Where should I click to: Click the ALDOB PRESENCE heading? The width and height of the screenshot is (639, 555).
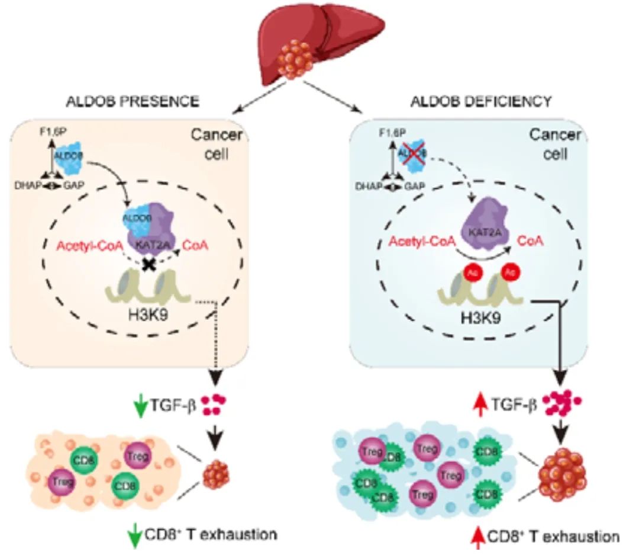140,102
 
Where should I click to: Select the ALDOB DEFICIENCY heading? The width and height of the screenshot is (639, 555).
481,102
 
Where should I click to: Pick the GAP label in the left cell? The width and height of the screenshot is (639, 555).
73,185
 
